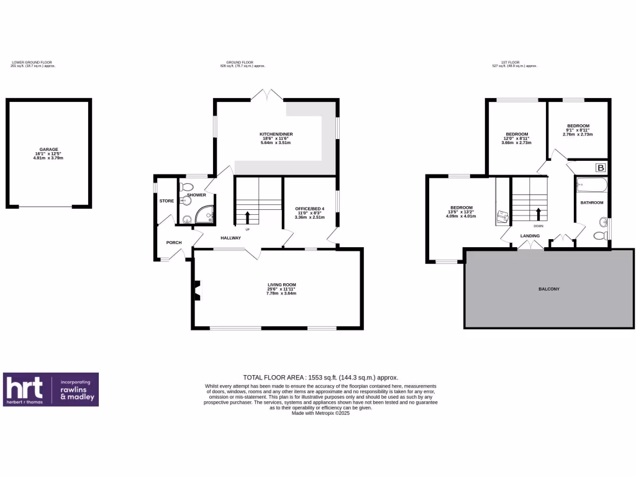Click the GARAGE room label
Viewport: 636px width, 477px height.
click(x=49, y=150)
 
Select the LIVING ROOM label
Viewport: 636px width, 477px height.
click(x=281, y=285)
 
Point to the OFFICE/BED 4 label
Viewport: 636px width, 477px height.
click(x=310, y=209)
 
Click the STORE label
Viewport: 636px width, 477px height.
click(x=166, y=201)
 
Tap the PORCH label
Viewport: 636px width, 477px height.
click(x=173, y=242)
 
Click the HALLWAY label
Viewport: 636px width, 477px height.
click(x=230, y=238)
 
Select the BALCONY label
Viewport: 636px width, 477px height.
click(x=550, y=289)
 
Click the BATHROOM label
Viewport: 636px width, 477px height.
click(x=591, y=203)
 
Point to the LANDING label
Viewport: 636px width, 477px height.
click(x=530, y=236)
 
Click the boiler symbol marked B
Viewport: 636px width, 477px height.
click(x=601, y=168)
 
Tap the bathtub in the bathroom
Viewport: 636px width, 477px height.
click(x=590, y=184)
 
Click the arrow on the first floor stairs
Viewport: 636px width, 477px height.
click(x=538, y=214)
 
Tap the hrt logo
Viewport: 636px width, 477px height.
click(x=25, y=389)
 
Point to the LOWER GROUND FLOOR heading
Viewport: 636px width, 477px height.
click(x=32, y=63)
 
